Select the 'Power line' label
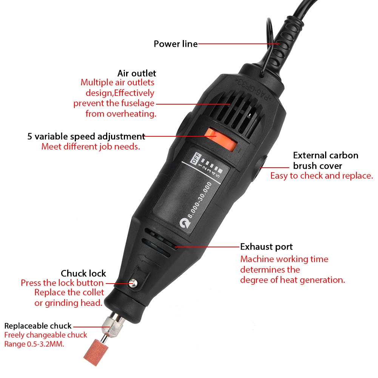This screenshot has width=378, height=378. tap(176, 44)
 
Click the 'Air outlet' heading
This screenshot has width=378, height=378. tap(137, 73)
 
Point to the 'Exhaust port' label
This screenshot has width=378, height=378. tap(266, 247)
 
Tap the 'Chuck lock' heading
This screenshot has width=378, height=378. tap(83, 273)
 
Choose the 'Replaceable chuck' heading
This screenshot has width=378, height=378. tap(38, 326)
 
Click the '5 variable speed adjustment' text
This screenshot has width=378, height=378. tap(86, 136)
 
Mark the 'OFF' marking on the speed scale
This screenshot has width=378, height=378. tap(196, 160)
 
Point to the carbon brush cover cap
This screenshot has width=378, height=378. tap(261, 166)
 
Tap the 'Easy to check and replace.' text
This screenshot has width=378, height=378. tap(321, 176)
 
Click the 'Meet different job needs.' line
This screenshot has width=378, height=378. tap(91, 147)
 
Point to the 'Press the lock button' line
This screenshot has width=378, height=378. tap(62, 283)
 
